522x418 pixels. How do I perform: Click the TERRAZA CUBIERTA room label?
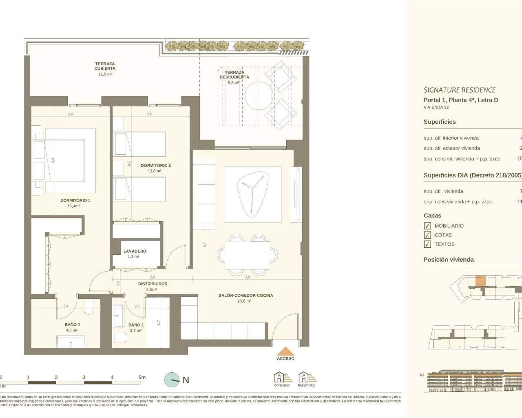point(105,66)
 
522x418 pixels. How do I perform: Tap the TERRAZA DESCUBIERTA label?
point(234,75)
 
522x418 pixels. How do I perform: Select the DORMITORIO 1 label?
point(75,200)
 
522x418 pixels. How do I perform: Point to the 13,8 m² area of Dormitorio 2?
point(155,171)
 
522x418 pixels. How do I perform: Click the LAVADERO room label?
point(135,251)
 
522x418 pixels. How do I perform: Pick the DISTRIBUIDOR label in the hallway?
point(153,284)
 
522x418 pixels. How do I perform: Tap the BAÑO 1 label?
point(72,325)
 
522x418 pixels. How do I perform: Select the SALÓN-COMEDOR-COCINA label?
point(246,295)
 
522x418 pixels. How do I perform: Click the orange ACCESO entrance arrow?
point(285,351)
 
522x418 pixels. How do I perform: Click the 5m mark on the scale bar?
point(142,378)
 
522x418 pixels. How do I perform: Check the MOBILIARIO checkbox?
point(427,226)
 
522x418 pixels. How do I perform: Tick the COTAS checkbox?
point(427,235)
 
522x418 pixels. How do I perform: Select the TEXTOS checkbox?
point(427,245)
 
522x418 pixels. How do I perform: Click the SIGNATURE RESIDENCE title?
point(459,90)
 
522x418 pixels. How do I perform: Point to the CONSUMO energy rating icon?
point(281,378)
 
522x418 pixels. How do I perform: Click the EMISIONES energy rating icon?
point(306,378)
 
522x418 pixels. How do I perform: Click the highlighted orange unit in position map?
point(481,281)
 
